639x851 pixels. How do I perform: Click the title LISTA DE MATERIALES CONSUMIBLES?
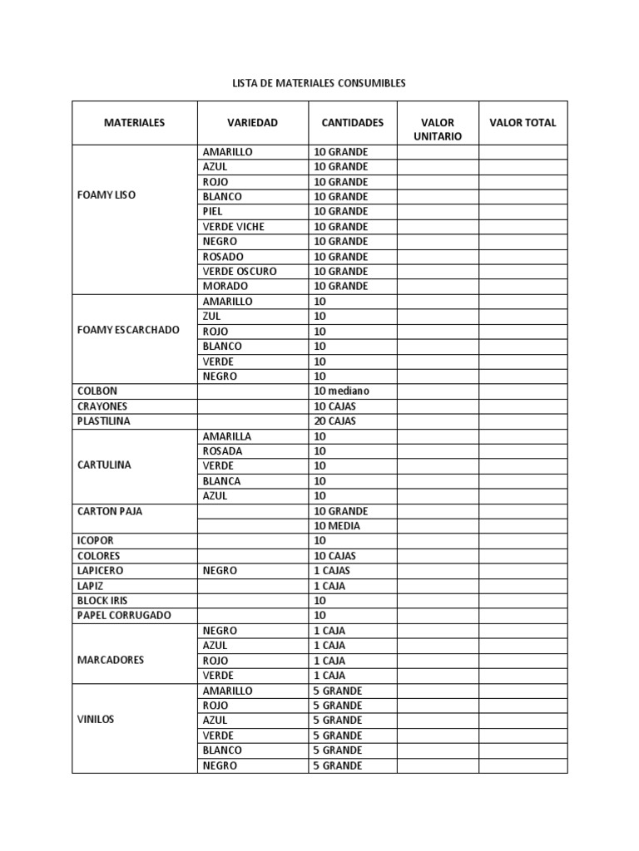coord(319,84)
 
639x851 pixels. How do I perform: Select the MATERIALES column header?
coord(134,122)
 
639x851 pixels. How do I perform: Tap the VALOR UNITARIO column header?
coord(438,130)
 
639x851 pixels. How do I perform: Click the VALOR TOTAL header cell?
coord(523,122)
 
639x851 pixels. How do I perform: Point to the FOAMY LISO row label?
coord(106,195)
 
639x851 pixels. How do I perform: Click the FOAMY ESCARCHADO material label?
coord(127,330)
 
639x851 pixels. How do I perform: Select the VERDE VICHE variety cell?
coord(233,227)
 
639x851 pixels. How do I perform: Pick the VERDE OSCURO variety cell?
coord(240,272)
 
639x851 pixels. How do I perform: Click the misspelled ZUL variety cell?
coord(212,317)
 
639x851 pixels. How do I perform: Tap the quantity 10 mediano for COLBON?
coord(341,391)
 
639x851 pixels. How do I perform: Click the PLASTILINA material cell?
coord(103,421)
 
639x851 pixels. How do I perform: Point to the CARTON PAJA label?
coord(109,511)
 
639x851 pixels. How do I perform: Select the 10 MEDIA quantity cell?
coord(337,526)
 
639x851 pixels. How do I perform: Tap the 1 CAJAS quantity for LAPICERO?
coord(332,571)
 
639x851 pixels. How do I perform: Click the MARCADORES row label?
coord(110,660)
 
